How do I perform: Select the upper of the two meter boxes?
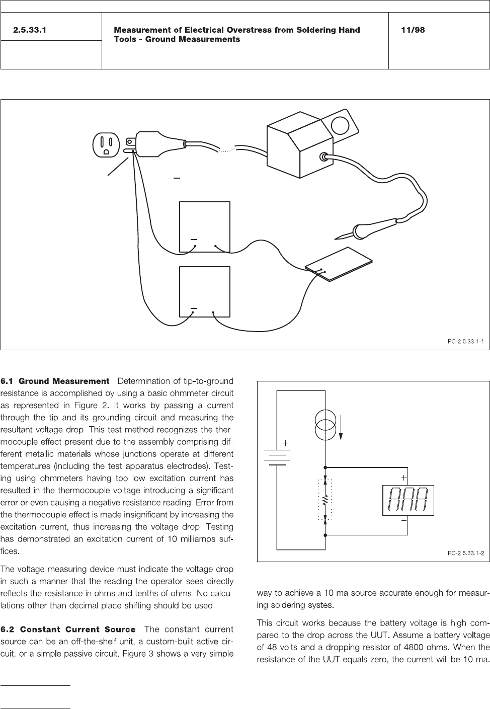pyautogui.click(x=205, y=226)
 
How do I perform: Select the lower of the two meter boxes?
pyautogui.click(x=205, y=291)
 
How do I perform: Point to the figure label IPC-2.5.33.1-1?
pyautogui.click(x=464, y=342)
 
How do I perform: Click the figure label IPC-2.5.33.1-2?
pyautogui.click(x=464, y=554)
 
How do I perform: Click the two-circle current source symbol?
pyautogui.click(x=325, y=424)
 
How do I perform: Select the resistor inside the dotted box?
pyautogui.click(x=325, y=500)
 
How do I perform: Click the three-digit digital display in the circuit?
pyautogui.click(x=408, y=500)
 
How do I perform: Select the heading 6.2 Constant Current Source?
pyautogui.click(x=68, y=629)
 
